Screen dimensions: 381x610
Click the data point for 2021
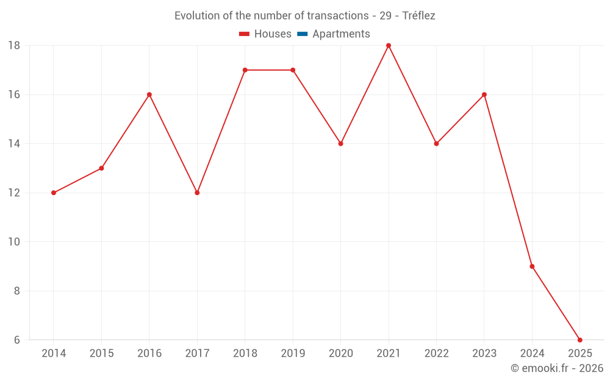[389, 46]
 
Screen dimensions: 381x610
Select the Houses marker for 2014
[54, 193]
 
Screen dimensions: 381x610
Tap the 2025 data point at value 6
[579, 340]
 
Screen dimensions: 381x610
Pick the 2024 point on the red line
[532, 266]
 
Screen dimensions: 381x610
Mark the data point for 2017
[197, 193]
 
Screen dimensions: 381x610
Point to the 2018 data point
[245, 70]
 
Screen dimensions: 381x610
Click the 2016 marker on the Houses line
[149, 94]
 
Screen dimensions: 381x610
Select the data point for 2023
[484, 94]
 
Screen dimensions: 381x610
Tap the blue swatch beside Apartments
[302, 34]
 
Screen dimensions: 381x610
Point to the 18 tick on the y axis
[14, 46]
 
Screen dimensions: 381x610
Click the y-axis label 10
[14, 242]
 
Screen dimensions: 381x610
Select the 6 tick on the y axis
[17, 340]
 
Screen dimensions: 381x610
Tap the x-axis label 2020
[340, 354]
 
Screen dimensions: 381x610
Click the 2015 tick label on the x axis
[101, 354]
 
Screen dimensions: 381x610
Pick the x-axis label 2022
[436, 354]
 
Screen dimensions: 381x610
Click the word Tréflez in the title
[419, 16]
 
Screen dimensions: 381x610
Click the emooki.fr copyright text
[557, 368]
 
